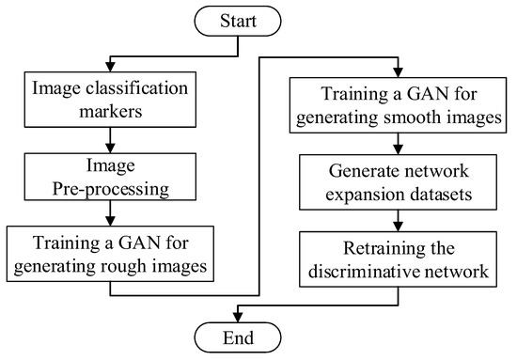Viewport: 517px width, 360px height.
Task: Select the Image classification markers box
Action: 112,100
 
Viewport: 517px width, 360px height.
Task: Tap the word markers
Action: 112,112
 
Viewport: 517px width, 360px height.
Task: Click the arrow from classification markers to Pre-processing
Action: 112,139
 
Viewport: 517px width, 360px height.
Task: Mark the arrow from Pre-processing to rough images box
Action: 112,215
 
